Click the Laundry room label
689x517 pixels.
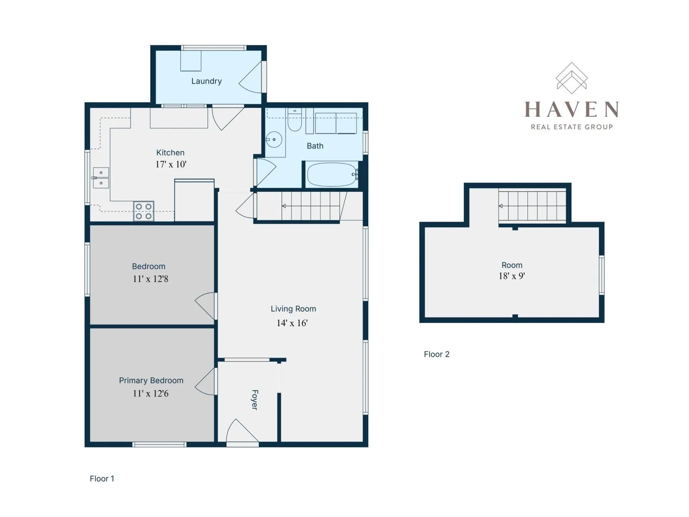click(206, 81)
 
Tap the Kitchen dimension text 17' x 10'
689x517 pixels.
click(171, 164)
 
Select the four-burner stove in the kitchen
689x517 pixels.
click(143, 211)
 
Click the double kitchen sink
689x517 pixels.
click(101, 178)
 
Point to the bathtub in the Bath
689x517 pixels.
click(332, 174)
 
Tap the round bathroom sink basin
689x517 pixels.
click(274, 140)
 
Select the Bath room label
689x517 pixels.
click(315, 146)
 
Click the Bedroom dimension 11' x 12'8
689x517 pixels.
click(150, 279)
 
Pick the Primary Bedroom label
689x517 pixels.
click(151, 380)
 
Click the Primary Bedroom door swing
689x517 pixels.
click(206, 382)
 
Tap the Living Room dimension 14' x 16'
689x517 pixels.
click(292, 323)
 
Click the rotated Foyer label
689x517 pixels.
click(254, 400)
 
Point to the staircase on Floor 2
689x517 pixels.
click(532, 206)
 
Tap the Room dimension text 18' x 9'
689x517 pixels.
click(512, 276)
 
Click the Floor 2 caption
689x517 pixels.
click(436, 354)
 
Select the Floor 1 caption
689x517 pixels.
click(102, 479)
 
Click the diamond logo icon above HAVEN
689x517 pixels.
click(571, 78)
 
